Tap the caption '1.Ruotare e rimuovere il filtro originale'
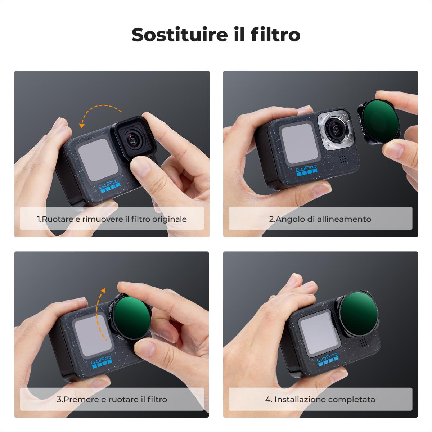pyautogui.click(x=112, y=219)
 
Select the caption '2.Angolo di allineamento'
pyautogui.click(x=320, y=219)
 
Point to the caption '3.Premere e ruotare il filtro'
pyautogui.click(x=112, y=399)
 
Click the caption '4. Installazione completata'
pyautogui.click(x=320, y=399)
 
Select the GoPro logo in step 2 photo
pyautogui.click(x=306, y=171)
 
